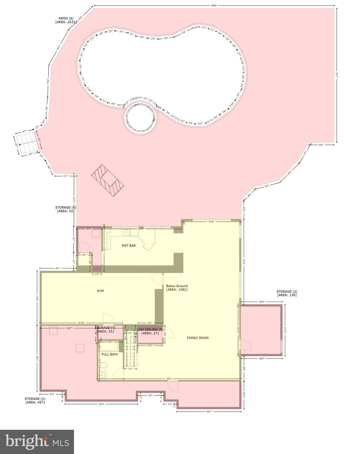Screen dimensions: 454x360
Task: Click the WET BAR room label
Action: (x=128, y=246)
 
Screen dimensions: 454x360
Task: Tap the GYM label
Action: (x=100, y=291)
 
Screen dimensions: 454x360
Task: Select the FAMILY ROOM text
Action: (x=198, y=338)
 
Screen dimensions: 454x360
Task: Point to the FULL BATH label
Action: (x=110, y=354)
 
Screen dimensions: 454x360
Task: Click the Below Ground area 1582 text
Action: (x=177, y=288)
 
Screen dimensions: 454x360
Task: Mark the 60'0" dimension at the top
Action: (x=214, y=6)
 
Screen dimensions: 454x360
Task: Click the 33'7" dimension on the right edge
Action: (x=337, y=75)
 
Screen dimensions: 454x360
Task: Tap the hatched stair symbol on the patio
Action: (x=107, y=180)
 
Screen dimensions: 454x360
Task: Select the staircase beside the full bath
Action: (x=130, y=356)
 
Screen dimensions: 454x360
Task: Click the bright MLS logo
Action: (x=37, y=442)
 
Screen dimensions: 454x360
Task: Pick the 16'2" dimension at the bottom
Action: (x=209, y=411)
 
